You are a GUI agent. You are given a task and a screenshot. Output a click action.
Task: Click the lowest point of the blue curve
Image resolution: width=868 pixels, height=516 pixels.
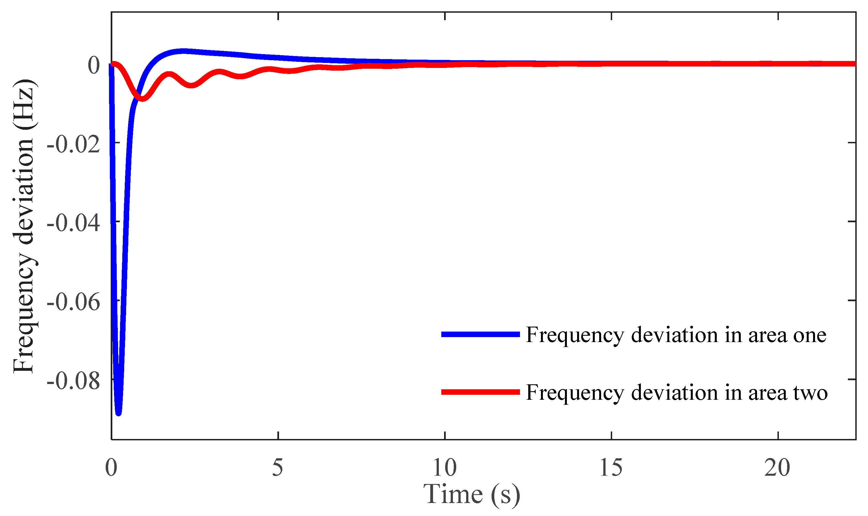[118, 413]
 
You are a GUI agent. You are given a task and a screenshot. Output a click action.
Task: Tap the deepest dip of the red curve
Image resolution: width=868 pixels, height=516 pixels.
[142, 99]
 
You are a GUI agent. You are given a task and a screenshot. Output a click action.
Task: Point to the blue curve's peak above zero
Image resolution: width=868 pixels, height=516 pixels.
[182, 51]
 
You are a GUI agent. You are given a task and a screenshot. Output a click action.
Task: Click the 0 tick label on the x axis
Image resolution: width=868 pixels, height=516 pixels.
[111, 468]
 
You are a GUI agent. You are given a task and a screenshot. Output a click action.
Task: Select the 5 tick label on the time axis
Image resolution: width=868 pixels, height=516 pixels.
[277, 468]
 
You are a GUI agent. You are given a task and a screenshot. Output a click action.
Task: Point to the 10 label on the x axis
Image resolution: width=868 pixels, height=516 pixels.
[444, 468]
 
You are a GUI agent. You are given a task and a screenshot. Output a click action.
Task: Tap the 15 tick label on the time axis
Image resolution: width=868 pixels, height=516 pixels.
[611, 468]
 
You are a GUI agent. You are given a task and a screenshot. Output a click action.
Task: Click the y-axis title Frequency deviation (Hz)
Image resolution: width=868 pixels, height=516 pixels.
[24, 226]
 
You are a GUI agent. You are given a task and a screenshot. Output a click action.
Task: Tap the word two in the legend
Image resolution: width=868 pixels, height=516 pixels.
[810, 393]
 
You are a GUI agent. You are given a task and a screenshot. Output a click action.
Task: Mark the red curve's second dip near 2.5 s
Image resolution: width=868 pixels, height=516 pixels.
[192, 86]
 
